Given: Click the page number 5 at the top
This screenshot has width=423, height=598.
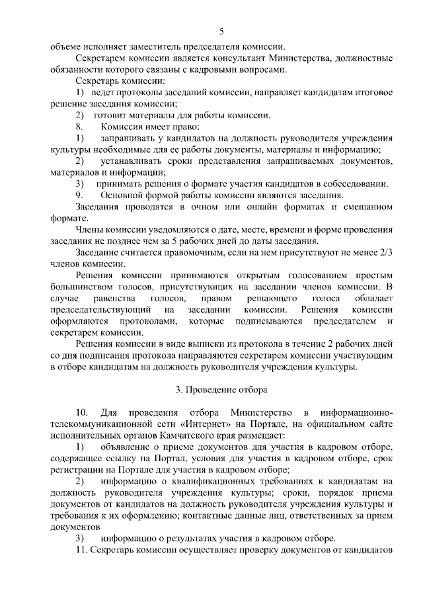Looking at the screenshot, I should (221, 30).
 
